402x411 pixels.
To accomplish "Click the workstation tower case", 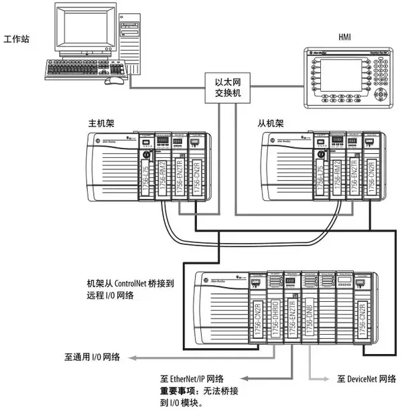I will [133, 44].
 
